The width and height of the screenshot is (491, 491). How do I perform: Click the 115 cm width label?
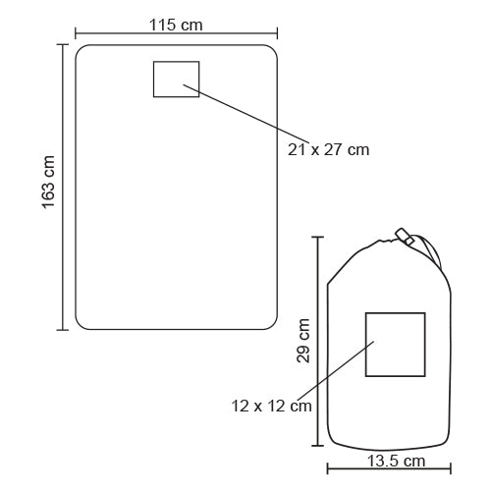coord(176,26)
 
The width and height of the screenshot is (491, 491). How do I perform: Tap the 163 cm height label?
coord(48,183)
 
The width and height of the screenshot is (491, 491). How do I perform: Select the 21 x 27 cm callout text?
coord(328,150)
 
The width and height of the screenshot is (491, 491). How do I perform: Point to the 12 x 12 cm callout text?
coord(271,407)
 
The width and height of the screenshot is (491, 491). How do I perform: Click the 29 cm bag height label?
coord(303,341)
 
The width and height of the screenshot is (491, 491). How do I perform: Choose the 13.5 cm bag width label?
coord(396,462)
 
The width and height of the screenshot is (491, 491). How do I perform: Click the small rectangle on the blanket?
coord(177,61)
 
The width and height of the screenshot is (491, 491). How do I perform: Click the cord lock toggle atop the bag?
coord(405,237)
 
